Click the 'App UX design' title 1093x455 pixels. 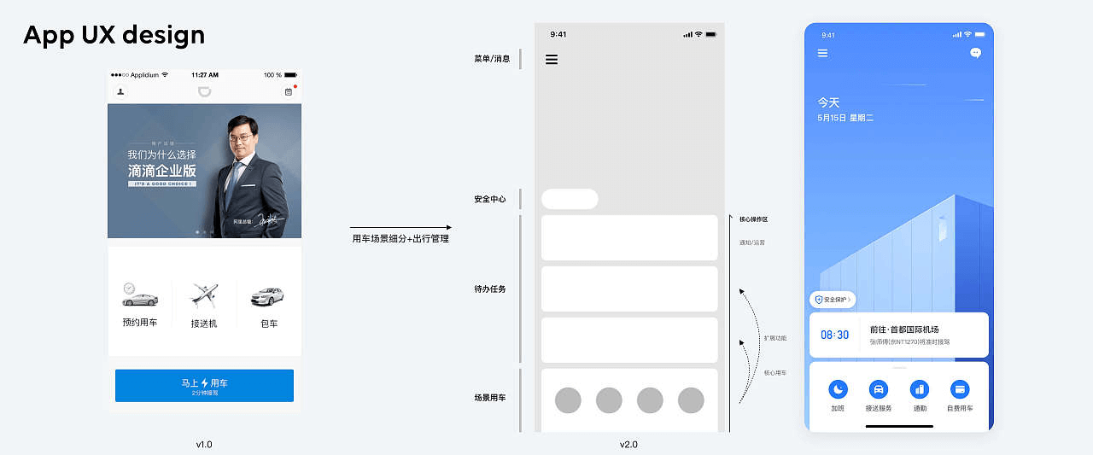(x=114, y=35)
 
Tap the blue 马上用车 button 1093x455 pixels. (x=204, y=385)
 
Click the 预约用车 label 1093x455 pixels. (x=140, y=323)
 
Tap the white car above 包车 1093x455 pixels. (x=266, y=296)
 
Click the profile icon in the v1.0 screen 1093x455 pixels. (x=120, y=91)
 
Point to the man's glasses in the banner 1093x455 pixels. (x=242, y=137)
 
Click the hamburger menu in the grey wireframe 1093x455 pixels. (x=552, y=60)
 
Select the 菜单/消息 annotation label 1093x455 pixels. (x=492, y=59)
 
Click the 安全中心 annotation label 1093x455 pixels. (x=490, y=200)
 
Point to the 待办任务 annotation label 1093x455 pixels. (x=490, y=289)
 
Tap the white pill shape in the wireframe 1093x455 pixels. (x=570, y=200)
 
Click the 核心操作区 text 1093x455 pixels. (x=754, y=219)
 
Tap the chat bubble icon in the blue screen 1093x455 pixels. (x=976, y=53)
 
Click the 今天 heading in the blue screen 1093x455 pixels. (x=828, y=102)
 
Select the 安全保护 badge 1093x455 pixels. (x=833, y=300)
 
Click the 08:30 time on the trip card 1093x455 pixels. (x=834, y=335)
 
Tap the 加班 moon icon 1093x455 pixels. (x=838, y=389)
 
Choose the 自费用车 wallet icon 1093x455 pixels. (x=960, y=389)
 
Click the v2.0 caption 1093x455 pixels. (x=628, y=445)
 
